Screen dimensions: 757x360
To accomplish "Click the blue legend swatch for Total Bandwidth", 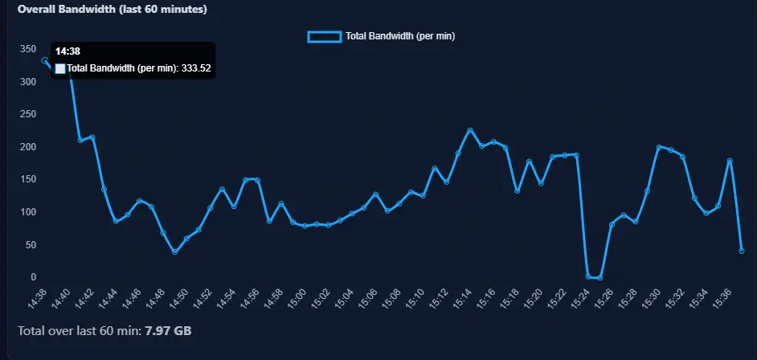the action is tap(325, 36).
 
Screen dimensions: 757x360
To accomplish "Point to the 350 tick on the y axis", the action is tap(28, 49).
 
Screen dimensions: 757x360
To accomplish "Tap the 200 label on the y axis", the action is tap(28, 147).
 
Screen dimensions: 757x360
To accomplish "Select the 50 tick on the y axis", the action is tap(31, 244).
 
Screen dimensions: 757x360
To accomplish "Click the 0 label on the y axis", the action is tap(33, 277).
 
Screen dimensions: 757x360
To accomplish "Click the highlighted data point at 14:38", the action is tap(45, 61).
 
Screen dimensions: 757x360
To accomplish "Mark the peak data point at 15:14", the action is tap(470, 130).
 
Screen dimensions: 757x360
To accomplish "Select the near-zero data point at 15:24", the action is tap(588, 276).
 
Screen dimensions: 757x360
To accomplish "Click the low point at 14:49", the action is tap(174, 252).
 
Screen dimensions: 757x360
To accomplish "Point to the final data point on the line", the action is tap(742, 251).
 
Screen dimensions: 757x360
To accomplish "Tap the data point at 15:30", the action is tap(659, 147).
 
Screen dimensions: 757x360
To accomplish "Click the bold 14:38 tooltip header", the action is tap(68, 51).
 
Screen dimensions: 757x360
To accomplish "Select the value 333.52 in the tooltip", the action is tap(196, 68).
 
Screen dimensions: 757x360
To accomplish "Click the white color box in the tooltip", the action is tap(60, 68).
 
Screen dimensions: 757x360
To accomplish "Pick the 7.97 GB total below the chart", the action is tap(168, 331).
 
